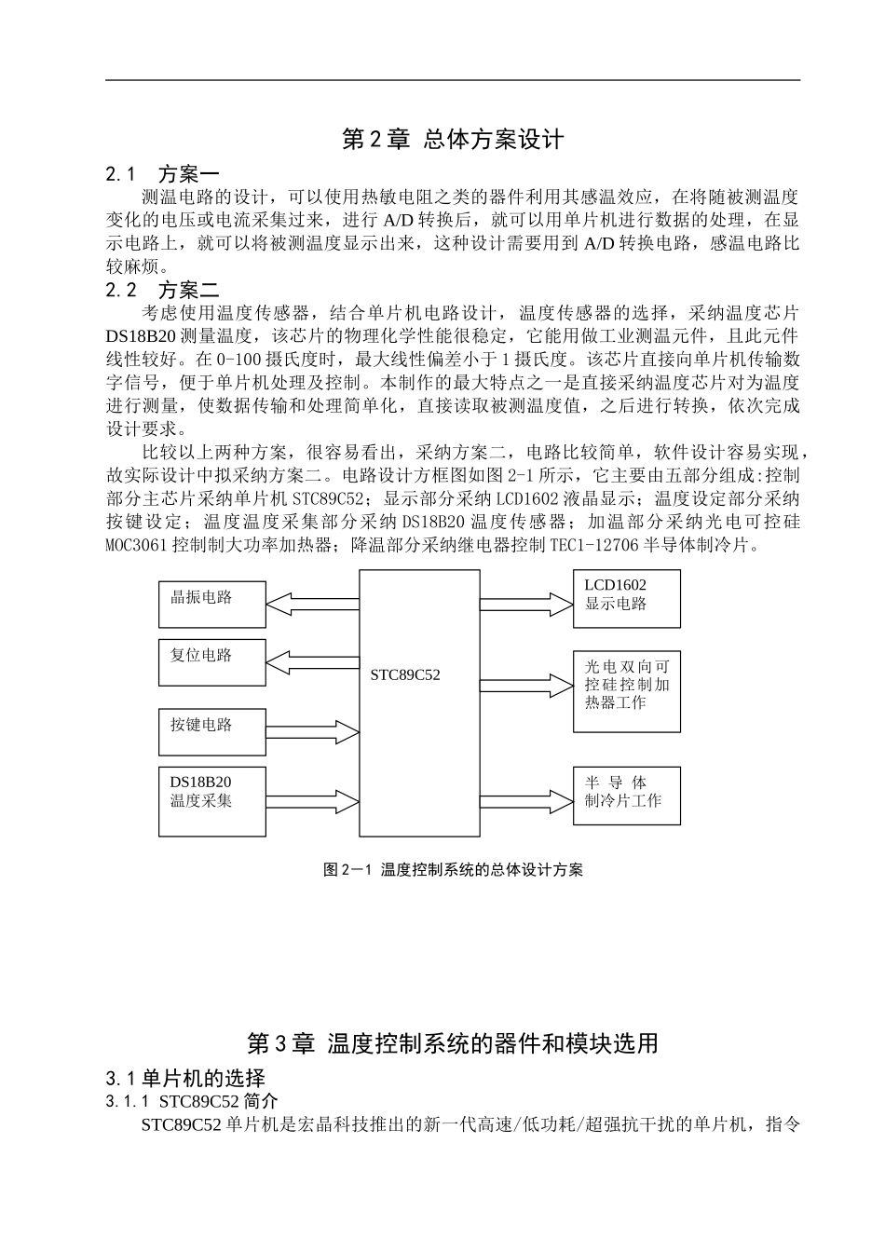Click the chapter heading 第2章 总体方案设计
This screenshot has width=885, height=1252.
pos(453,140)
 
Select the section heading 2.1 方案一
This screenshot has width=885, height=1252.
pos(162,174)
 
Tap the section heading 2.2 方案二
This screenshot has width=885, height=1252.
pos(162,290)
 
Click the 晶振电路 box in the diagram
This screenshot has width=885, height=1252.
pos(212,605)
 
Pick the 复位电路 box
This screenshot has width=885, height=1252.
pos(212,662)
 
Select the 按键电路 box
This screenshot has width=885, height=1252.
pos(212,731)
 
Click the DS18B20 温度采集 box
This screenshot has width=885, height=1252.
pos(212,800)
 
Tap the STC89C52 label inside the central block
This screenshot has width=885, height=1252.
pos(405,674)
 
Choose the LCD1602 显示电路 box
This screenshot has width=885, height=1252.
pos(626,598)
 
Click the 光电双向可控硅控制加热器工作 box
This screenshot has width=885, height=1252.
pos(626,690)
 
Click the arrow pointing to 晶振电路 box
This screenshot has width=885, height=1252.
pos(313,605)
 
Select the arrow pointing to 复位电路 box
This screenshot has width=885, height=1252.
pos(313,662)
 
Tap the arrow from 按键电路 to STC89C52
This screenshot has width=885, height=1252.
pos(313,731)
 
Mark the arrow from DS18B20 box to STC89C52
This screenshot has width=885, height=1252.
pos(313,800)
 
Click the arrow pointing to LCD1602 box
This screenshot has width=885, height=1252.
pos(526,604)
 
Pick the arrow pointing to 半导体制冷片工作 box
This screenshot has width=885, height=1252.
pos(526,800)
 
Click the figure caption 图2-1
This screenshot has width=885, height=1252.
pos(453,869)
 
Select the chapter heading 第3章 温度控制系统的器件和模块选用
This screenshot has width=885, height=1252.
pos(453,1043)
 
